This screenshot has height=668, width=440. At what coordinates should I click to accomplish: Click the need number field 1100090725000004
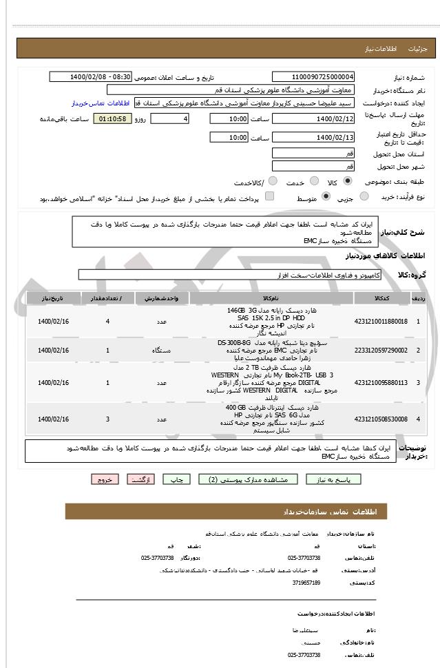pyautogui.click(x=313, y=77)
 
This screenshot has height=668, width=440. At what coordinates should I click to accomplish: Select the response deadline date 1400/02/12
pyautogui.click(x=313, y=119)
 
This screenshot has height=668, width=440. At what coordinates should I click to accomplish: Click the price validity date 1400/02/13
pyautogui.click(x=313, y=138)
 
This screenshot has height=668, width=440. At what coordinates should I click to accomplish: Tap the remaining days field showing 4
pyautogui.click(x=169, y=119)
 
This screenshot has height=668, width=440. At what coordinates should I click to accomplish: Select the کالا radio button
pyautogui.click(x=347, y=182)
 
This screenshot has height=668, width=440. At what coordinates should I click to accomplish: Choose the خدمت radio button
pyautogui.click(x=311, y=182)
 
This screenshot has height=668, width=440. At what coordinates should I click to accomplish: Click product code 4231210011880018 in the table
pyautogui.click(x=381, y=322)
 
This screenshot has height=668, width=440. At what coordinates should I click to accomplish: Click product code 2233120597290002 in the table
pyautogui.click(x=381, y=351)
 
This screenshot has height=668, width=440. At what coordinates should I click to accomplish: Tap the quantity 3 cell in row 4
pyautogui.click(x=107, y=419)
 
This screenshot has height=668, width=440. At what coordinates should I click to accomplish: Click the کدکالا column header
pyautogui.click(x=380, y=299)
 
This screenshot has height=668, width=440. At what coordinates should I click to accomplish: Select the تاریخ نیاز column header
pyautogui.click(x=54, y=299)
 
